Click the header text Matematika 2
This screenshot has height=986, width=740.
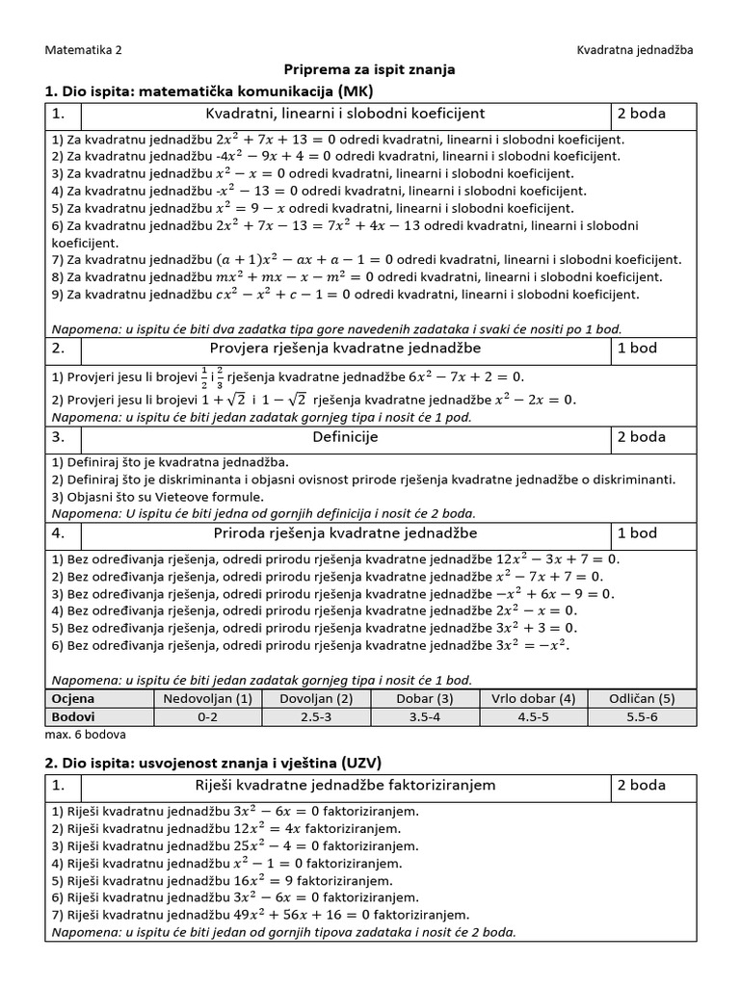(x=84, y=49)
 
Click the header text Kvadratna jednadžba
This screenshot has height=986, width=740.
(x=635, y=49)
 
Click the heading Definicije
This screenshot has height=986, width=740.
(x=345, y=436)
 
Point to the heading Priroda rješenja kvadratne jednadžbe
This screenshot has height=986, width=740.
(x=345, y=532)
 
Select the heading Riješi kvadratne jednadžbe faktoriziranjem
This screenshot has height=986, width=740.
(x=345, y=785)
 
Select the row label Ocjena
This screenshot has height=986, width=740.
(x=73, y=698)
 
